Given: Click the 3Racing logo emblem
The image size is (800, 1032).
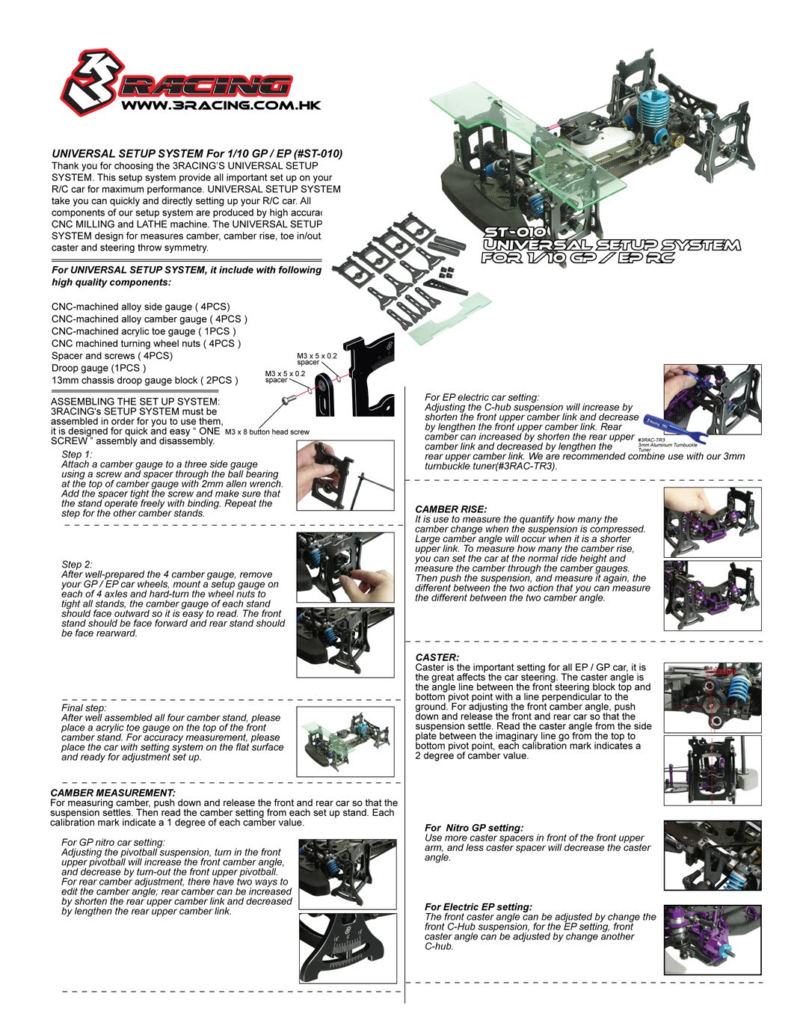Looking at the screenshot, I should coord(87,83).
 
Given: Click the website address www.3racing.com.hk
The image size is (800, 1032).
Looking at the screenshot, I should coord(221,105).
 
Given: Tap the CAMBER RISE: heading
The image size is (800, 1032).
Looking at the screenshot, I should coord(451,509).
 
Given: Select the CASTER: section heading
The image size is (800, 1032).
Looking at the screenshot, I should coord(437,657).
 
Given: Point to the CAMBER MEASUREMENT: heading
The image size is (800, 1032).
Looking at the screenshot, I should coord(113,793).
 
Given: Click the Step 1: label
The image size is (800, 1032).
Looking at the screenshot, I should coord(77,455).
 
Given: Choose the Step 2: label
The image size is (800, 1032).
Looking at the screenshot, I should coord(77,565).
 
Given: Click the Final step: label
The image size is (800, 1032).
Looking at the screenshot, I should coord(84,707).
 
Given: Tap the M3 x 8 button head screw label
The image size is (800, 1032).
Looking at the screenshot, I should coord(267,431).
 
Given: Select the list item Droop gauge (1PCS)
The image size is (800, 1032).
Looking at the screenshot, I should coord(99,368).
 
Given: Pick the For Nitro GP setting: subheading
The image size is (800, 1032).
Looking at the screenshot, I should coord(474,828).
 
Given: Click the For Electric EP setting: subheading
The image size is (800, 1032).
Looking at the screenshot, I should coord(479,907).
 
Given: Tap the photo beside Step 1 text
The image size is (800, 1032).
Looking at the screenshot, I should coord(345,476).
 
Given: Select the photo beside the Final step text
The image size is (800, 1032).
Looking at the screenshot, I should coord(345,741).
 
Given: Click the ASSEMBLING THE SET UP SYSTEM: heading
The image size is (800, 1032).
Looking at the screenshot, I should coord(135,402).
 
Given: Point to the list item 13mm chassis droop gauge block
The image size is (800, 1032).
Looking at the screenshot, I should coord(144,380).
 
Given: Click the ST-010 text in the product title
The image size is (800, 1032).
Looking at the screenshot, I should coord(514,233).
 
